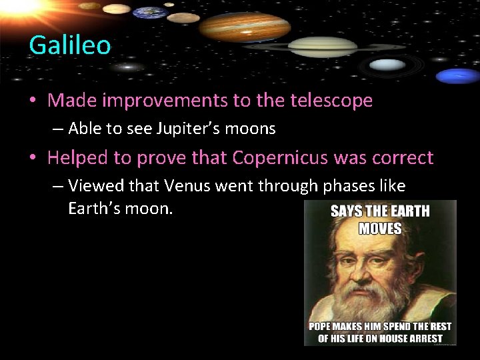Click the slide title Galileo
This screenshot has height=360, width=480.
pos(69,45)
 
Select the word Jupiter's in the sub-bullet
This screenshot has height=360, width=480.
pos(193,129)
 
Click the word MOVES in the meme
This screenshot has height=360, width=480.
pos(381,229)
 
